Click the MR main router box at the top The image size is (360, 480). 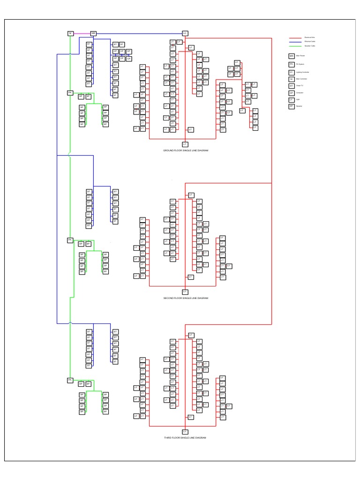pos(93,33)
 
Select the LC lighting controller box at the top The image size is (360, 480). pos(185,33)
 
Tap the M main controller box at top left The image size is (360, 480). pos(70,33)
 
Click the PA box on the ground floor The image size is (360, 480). pos(70,93)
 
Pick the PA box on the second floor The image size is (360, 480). pos(70,240)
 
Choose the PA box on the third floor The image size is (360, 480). pos(70,380)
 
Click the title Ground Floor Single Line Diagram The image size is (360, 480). pos(185,150)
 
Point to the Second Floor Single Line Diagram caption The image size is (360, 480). pos(185,298)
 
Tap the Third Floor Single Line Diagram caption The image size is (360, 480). pos(185,437)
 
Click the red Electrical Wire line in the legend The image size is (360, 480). pos(295,37)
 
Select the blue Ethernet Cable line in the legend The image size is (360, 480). pos(295,42)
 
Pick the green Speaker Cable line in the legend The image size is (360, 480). pos(295,46)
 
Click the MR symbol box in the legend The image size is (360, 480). pos(292,55)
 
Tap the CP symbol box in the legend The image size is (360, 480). pos(292,93)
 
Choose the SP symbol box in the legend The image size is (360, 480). pos(292,106)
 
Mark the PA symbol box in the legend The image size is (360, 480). pos(292,64)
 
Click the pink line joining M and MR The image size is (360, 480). pos(82,33)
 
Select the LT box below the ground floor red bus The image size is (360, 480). pos(185,144)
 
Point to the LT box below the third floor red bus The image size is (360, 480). pos(185,431)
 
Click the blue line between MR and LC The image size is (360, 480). pos(141,33)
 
